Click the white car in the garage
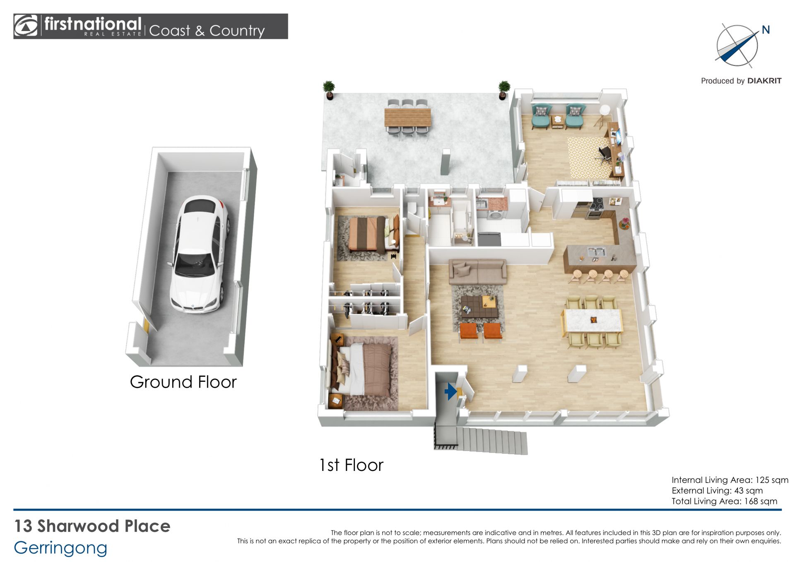click(x=199, y=253)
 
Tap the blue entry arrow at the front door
click(x=450, y=391)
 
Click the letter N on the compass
click(x=766, y=30)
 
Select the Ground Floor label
click(x=183, y=382)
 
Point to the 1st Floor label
click(x=351, y=465)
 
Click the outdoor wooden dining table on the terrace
click(x=408, y=117)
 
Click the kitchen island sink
click(x=596, y=251)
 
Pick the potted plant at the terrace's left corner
click(x=329, y=90)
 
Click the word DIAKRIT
click(x=764, y=81)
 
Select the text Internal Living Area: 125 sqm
click(x=730, y=480)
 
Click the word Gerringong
click(x=60, y=548)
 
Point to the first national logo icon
click(x=26, y=26)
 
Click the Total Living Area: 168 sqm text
click(x=724, y=501)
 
